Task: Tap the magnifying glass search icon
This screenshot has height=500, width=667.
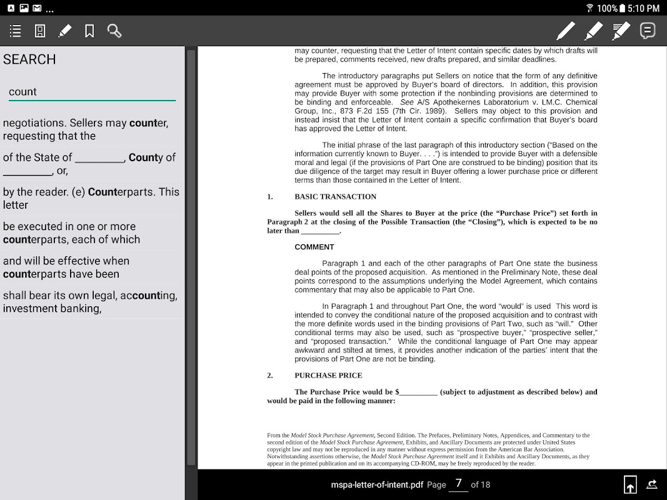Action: point(114,31)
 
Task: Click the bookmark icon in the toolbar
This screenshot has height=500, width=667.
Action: point(89,31)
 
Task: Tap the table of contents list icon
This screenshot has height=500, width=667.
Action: point(16,31)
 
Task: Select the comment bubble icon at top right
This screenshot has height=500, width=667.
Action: point(648,30)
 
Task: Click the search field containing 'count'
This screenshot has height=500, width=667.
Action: point(91,92)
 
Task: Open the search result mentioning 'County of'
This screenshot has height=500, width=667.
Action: point(91,164)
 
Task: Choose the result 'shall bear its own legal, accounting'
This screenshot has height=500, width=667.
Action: point(91,302)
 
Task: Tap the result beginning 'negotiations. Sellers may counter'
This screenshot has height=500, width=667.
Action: point(91,129)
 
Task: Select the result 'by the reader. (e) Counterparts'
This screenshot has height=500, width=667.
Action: point(91,198)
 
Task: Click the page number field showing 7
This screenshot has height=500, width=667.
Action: point(458,484)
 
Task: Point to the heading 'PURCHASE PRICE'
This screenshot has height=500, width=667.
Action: point(328,376)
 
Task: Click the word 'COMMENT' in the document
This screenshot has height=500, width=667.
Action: point(314,247)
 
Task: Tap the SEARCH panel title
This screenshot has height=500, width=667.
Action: point(29,59)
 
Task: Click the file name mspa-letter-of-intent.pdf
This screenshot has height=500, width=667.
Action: point(377,484)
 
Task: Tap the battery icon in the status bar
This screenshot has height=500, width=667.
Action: point(622,8)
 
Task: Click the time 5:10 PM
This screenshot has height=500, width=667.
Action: point(644,8)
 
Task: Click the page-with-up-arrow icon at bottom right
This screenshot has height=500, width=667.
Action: point(630,484)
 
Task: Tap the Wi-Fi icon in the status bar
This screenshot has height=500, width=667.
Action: point(589,8)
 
